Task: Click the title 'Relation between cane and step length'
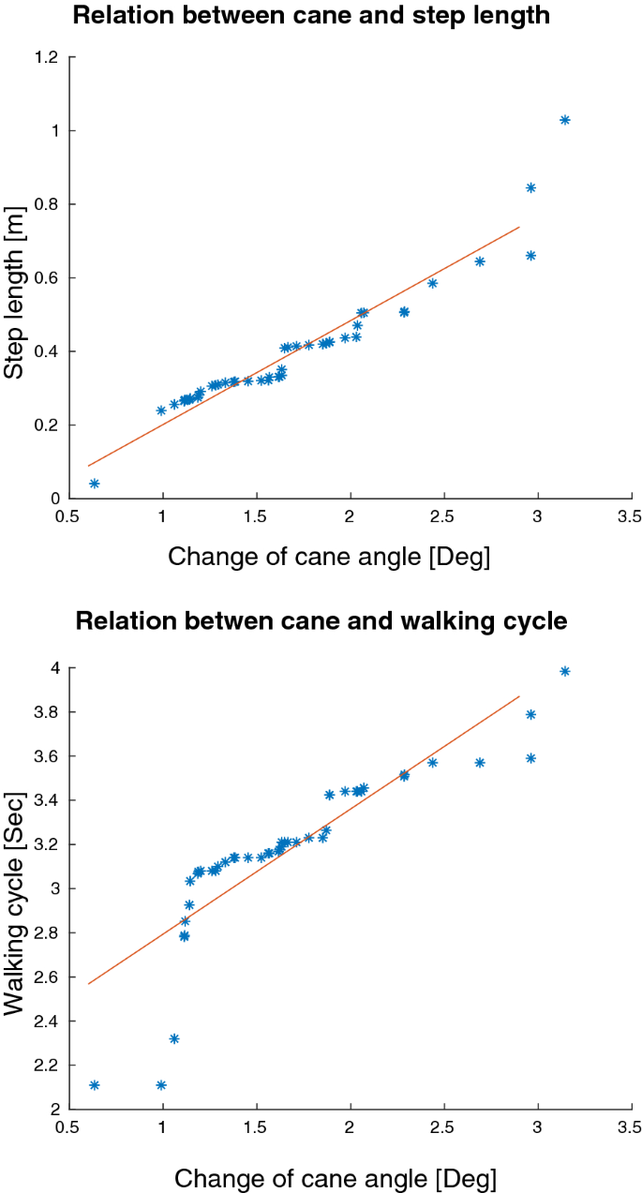(x=325, y=16)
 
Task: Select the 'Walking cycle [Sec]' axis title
(x=16, y=887)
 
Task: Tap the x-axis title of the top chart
(x=328, y=557)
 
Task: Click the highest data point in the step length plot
(x=565, y=120)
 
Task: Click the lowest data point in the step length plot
(x=94, y=484)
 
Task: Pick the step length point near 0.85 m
(x=530, y=187)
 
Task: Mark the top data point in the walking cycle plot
(x=565, y=671)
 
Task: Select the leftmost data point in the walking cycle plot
(x=94, y=1085)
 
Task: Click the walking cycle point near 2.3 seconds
(x=174, y=1038)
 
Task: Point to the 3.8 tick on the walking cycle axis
(x=47, y=712)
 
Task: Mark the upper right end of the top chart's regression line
(x=519, y=226)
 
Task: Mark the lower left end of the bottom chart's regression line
(x=88, y=983)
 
